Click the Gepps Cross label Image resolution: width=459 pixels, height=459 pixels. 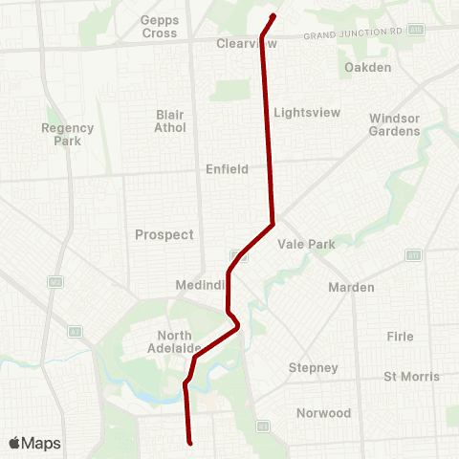[x=159, y=27]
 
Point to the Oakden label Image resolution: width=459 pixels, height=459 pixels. [x=368, y=67]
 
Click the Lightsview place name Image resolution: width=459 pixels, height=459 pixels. [x=307, y=112]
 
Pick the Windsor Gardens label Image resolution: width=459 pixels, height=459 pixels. [x=394, y=124]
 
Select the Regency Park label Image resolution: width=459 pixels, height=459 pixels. [x=68, y=135]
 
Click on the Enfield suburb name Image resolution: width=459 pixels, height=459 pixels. [x=227, y=169]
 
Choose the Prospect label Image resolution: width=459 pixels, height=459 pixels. [x=164, y=234]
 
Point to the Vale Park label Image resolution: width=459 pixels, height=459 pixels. [x=306, y=244]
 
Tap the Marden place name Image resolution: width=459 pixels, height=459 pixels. [x=351, y=287]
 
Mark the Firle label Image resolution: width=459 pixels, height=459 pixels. [x=400, y=337]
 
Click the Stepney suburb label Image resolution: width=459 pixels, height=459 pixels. [x=314, y=367]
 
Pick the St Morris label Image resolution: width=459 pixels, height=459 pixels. [x=411, y=376]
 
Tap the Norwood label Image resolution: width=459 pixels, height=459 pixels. [x=323, y=413]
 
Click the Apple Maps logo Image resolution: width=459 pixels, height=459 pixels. [x=34, y=443]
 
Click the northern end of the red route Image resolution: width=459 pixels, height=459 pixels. [x=273, y=16]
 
